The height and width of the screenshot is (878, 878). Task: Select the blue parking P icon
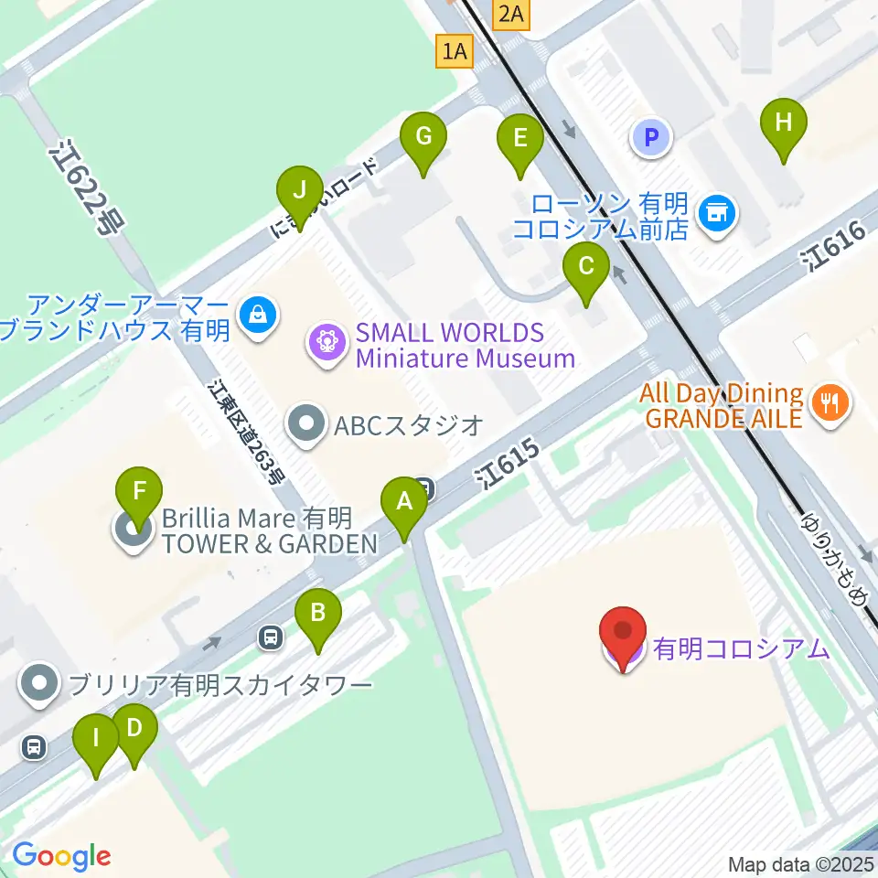click(x=651, y=138)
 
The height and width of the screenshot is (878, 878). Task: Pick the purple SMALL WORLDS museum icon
click(x=326, y=344)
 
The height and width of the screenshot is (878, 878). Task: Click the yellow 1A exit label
click(x=455, y=52)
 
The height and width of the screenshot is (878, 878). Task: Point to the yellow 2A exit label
click(x=510, y=14)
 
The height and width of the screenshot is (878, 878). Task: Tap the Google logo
click(x=61, y=856)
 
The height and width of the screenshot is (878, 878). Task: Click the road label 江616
click(x=831, y=247)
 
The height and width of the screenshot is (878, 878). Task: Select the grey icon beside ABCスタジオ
click(x=305, y=423)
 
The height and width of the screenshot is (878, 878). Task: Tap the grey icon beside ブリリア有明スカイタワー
click(x=40, y=684)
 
